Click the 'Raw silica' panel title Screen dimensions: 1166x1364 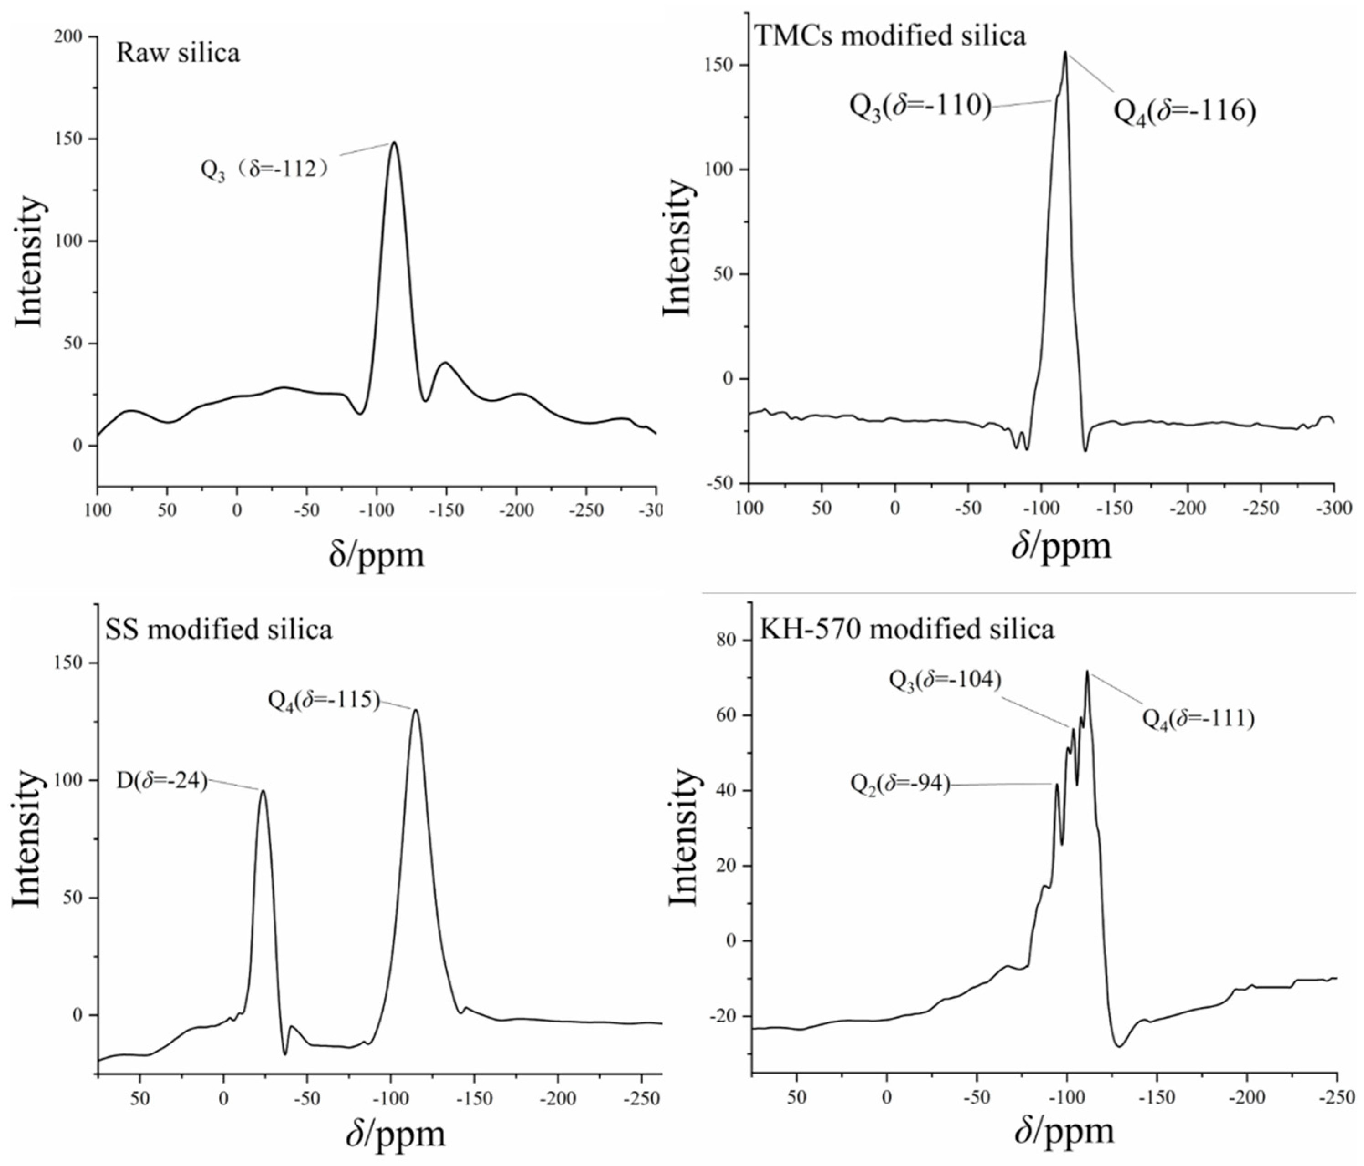178,53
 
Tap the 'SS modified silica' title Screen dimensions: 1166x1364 218,630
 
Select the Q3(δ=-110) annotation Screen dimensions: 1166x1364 920,105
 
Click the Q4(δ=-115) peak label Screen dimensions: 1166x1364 324,700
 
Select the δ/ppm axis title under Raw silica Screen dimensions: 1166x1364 377,555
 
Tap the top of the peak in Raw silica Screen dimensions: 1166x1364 394,142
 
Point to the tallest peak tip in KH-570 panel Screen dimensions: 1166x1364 1087,671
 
